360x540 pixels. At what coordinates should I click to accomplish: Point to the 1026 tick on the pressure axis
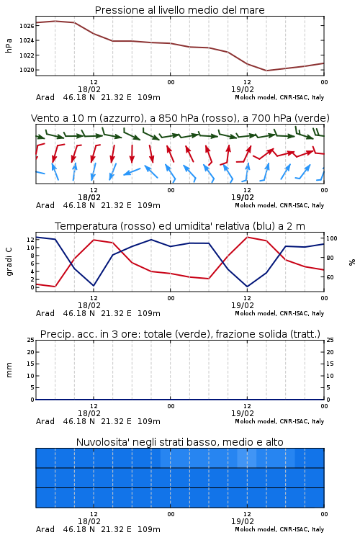[27, 26]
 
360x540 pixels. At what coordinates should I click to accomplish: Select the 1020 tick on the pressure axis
[27, 70]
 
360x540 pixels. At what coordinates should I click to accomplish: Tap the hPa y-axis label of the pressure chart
[9, 45]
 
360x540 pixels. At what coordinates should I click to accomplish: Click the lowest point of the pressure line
[266, 71]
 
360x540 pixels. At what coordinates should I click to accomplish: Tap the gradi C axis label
[9, 261]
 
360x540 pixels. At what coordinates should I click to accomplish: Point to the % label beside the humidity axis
[352, 262]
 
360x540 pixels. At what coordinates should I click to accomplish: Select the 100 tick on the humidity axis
[332, 238]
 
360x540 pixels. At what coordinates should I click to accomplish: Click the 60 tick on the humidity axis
[330, 277]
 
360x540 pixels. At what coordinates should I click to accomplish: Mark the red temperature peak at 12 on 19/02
[248, 237]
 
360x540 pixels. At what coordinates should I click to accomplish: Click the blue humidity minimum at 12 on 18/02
[94, 286]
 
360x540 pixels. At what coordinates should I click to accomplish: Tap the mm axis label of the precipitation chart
[9, 370]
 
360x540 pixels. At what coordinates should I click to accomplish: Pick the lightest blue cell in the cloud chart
[247, 458]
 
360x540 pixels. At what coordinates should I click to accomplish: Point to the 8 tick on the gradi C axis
[32, 256]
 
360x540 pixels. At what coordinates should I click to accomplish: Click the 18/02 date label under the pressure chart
[89, 89]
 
